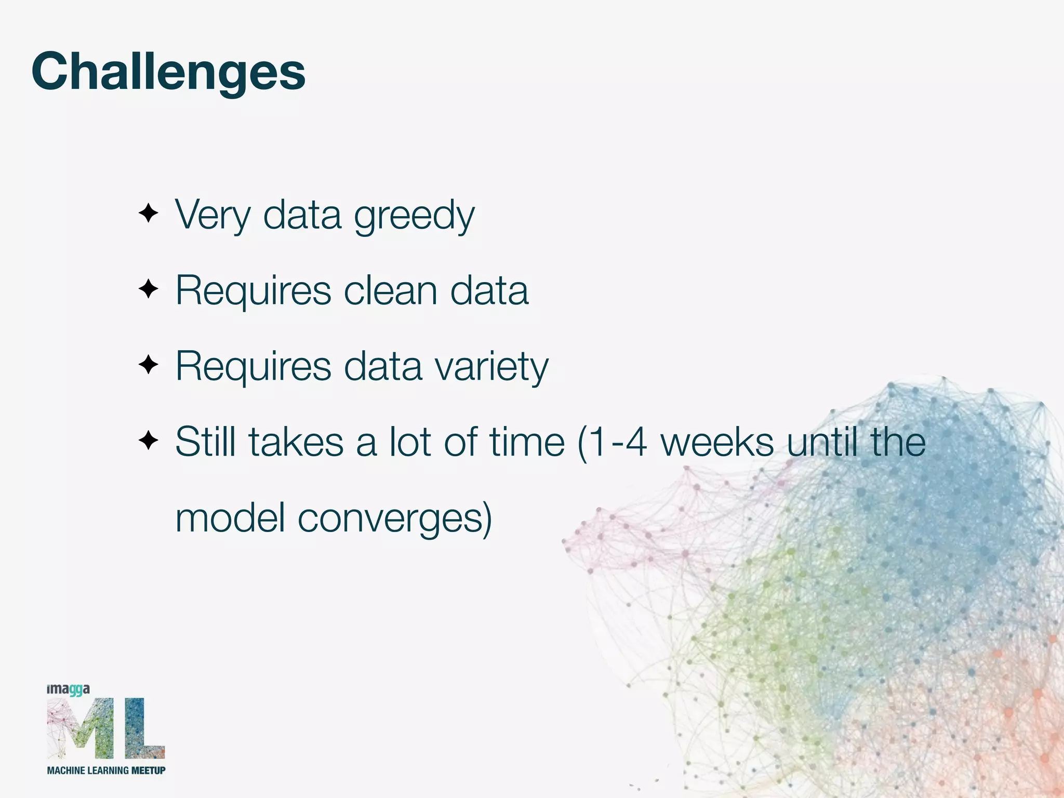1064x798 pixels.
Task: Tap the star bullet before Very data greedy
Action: point(149,214)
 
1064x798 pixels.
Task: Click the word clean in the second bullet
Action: point(390,290)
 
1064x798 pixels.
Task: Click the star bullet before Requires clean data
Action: point(149,289)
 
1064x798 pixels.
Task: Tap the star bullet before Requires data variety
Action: point(149,365)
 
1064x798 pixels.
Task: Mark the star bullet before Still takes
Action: point(149,441)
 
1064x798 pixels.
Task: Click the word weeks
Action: point(717,442)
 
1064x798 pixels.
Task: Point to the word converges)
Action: point(394,518)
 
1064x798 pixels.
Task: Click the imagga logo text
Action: point(68,689)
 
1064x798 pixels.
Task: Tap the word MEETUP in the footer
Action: point(148,770)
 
